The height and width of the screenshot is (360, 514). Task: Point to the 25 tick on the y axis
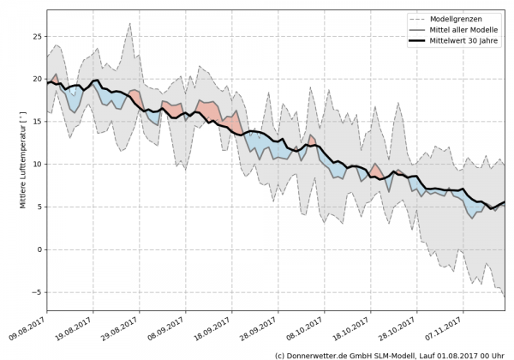[x=37, y=37]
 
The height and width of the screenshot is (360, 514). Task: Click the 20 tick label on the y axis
[x=37, y=79]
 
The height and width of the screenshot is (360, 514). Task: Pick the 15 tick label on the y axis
[x=37, y=122]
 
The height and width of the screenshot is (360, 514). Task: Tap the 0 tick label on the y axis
[x=39, y=249]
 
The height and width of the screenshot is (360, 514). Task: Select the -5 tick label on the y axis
[x=38, y=292]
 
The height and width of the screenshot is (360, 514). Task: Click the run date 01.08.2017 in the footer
[x=457, y=354]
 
